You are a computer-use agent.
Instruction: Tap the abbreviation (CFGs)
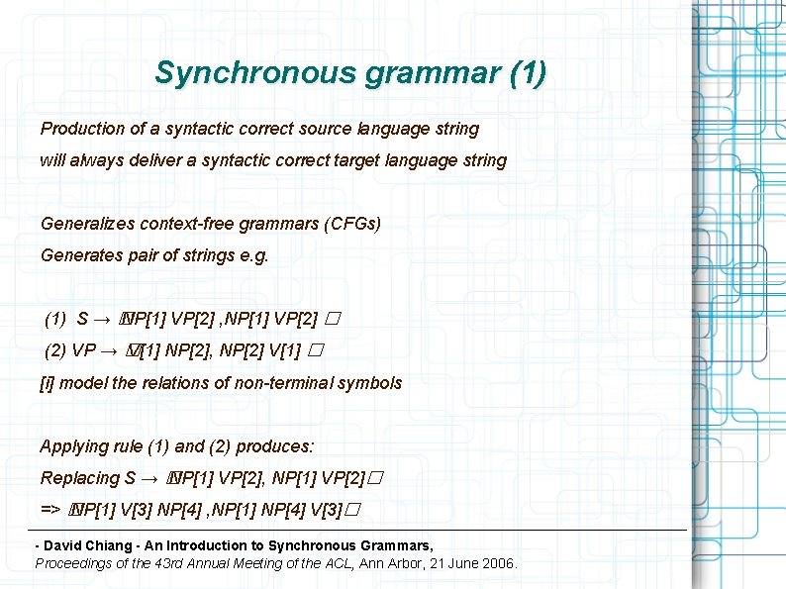[x=351, y=224]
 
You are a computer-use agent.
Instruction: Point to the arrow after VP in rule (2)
[x=109, y=350]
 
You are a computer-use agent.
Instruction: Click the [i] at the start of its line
[x=47, y=382]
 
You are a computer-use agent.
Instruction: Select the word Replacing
[x=80, y=478]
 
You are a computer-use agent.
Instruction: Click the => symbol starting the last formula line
[x=51, y=510]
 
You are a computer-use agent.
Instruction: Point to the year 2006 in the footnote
[x=497, y=562]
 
